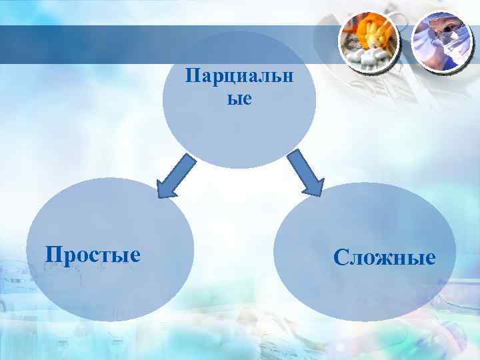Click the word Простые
coord(92,254)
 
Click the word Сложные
coord(385,257)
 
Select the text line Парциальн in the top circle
coord(239,79)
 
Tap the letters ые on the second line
coord(239,99)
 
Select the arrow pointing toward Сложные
coord(305,173)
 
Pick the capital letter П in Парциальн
coord(192,79)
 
